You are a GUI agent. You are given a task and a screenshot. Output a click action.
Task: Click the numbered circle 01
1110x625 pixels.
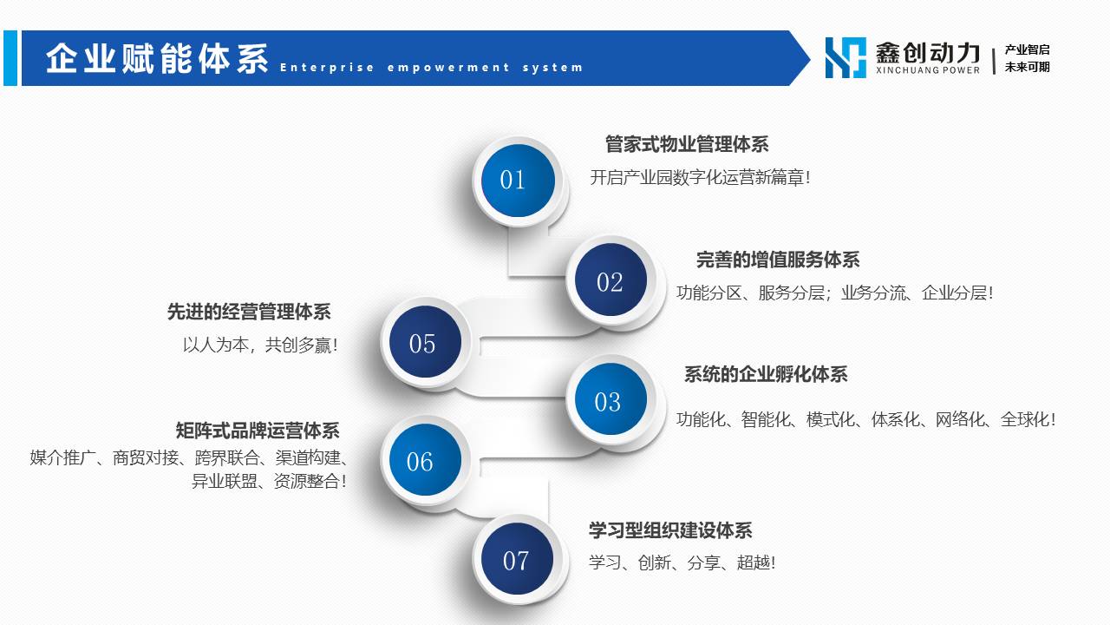coord(518,181)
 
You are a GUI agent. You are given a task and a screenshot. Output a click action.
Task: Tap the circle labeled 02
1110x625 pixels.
coord(610,280)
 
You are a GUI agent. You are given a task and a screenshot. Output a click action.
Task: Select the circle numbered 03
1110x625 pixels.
coord(610,398)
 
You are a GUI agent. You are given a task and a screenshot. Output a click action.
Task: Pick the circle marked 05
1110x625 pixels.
coord(425,341)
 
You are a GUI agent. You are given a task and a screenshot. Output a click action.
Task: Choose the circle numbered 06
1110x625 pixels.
coord(425,460)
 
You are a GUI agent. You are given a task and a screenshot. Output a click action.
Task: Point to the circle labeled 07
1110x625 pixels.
coord(518,558)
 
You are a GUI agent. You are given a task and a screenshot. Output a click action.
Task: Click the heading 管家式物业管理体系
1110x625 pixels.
coord(687,144)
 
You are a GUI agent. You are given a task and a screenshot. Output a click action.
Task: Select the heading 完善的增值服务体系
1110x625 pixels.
coord(778,260)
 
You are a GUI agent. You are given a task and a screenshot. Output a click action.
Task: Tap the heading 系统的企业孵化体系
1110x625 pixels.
coord(766,374)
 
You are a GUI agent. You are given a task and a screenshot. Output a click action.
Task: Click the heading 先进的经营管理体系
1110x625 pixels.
coord(249,312)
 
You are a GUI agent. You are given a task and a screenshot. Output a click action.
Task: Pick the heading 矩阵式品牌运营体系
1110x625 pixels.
coord(258,430)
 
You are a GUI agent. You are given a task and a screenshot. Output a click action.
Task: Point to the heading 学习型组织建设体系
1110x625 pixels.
coord(670,530)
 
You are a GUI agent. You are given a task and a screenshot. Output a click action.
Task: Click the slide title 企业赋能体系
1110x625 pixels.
coord(158,58)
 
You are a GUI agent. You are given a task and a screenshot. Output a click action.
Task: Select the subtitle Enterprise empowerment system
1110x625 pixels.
coord(431,68)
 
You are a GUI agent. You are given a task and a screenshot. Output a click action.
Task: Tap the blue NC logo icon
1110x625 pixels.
coord(846,57)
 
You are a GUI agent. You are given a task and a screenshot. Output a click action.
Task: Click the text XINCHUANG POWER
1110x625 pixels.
coord(928,70)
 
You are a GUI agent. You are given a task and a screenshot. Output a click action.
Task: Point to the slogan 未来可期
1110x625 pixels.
coord(1028,67)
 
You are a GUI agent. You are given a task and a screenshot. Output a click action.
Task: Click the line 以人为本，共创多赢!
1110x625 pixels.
coord(261,345)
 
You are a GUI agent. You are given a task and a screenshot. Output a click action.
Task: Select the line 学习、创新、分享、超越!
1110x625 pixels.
coord(682,562)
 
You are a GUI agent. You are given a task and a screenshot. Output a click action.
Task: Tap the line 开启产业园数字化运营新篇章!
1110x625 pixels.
coord(700,177)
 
